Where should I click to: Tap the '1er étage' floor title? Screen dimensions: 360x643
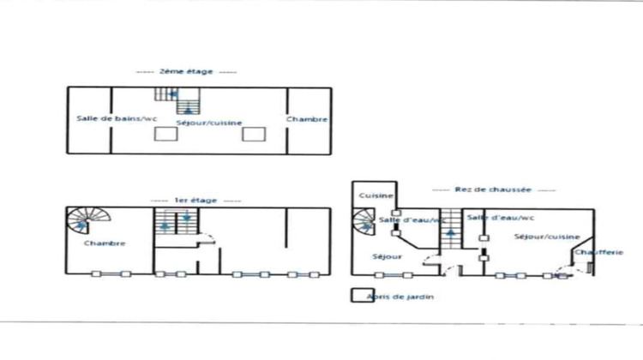tap(184, 200)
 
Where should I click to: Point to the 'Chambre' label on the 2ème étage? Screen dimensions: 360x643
tap(307, 119)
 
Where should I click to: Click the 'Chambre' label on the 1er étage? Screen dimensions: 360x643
tap(105, 243)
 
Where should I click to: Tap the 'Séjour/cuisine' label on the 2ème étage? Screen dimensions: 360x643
tap(202, 123)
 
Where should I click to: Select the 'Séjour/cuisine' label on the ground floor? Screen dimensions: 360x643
tap(547, 237)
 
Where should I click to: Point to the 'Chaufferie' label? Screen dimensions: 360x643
tap(592, 252)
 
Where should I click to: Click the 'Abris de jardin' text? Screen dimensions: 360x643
tap(400, 297)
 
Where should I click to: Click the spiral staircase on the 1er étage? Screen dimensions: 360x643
tap(81, 223)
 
